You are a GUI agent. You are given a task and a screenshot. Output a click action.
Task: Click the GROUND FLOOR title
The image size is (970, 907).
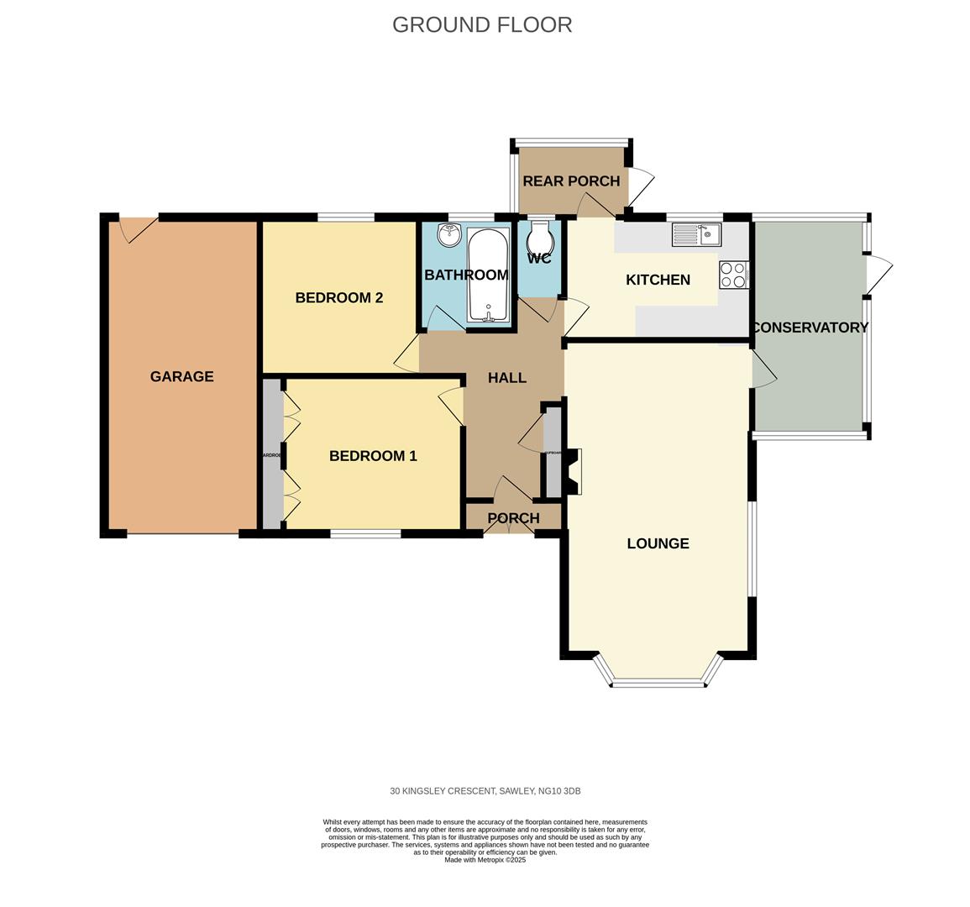click(x=482, y=24)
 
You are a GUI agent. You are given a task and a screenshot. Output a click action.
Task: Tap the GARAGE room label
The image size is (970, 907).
click(x=181, y=376)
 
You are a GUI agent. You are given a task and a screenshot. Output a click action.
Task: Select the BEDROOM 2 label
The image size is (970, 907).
click(x=338, y=297)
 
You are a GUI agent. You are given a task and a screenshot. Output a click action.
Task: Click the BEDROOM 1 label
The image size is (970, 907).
click(x=373, y=456)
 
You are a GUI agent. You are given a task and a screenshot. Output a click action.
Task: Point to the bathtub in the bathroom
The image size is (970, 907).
click(x=487, y=275)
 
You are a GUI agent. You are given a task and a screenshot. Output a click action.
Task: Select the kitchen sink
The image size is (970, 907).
click(x=696, y=234)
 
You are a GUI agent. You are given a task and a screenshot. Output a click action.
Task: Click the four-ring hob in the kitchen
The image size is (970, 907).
click(x=733, y=275)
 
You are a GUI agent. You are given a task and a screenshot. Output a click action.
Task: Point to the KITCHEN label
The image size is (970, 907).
click(x=658, y=280)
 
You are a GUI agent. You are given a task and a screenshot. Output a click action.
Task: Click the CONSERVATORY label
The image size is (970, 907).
click(x=810, y=328)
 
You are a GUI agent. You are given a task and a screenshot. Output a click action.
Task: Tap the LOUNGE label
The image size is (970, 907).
click(x=658, y=543)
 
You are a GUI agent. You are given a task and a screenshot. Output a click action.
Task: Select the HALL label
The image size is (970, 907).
click(x=507, y=378)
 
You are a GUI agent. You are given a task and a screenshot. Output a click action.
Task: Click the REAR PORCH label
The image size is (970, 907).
click(x=571, y=181)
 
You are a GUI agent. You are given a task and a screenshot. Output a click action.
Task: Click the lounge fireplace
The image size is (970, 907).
click(x=573, y=471)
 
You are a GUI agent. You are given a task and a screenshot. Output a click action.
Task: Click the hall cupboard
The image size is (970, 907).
click(x=553, y=453)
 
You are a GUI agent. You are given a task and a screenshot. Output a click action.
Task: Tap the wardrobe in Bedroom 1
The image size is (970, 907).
click(x=271, y=454)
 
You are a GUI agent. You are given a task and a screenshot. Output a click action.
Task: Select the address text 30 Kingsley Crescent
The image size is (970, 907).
click(x=485, y=791)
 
